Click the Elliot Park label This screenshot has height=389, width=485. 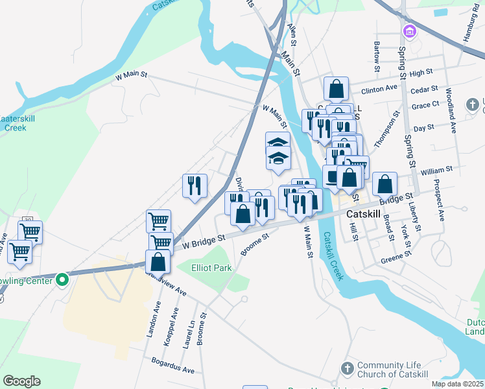(211, 267)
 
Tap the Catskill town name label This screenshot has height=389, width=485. (367, 213)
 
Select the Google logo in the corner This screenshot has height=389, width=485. (21, 381)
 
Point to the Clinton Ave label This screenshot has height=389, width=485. (379, 88)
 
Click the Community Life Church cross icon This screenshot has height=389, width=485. (348, 368)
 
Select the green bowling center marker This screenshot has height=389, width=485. (62, 280)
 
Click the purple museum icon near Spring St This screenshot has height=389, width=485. (409, 31)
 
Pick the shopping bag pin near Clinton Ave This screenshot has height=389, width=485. (337, 89)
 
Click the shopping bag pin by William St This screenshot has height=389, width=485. (384, 184)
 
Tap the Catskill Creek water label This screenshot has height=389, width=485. (336, 256)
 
